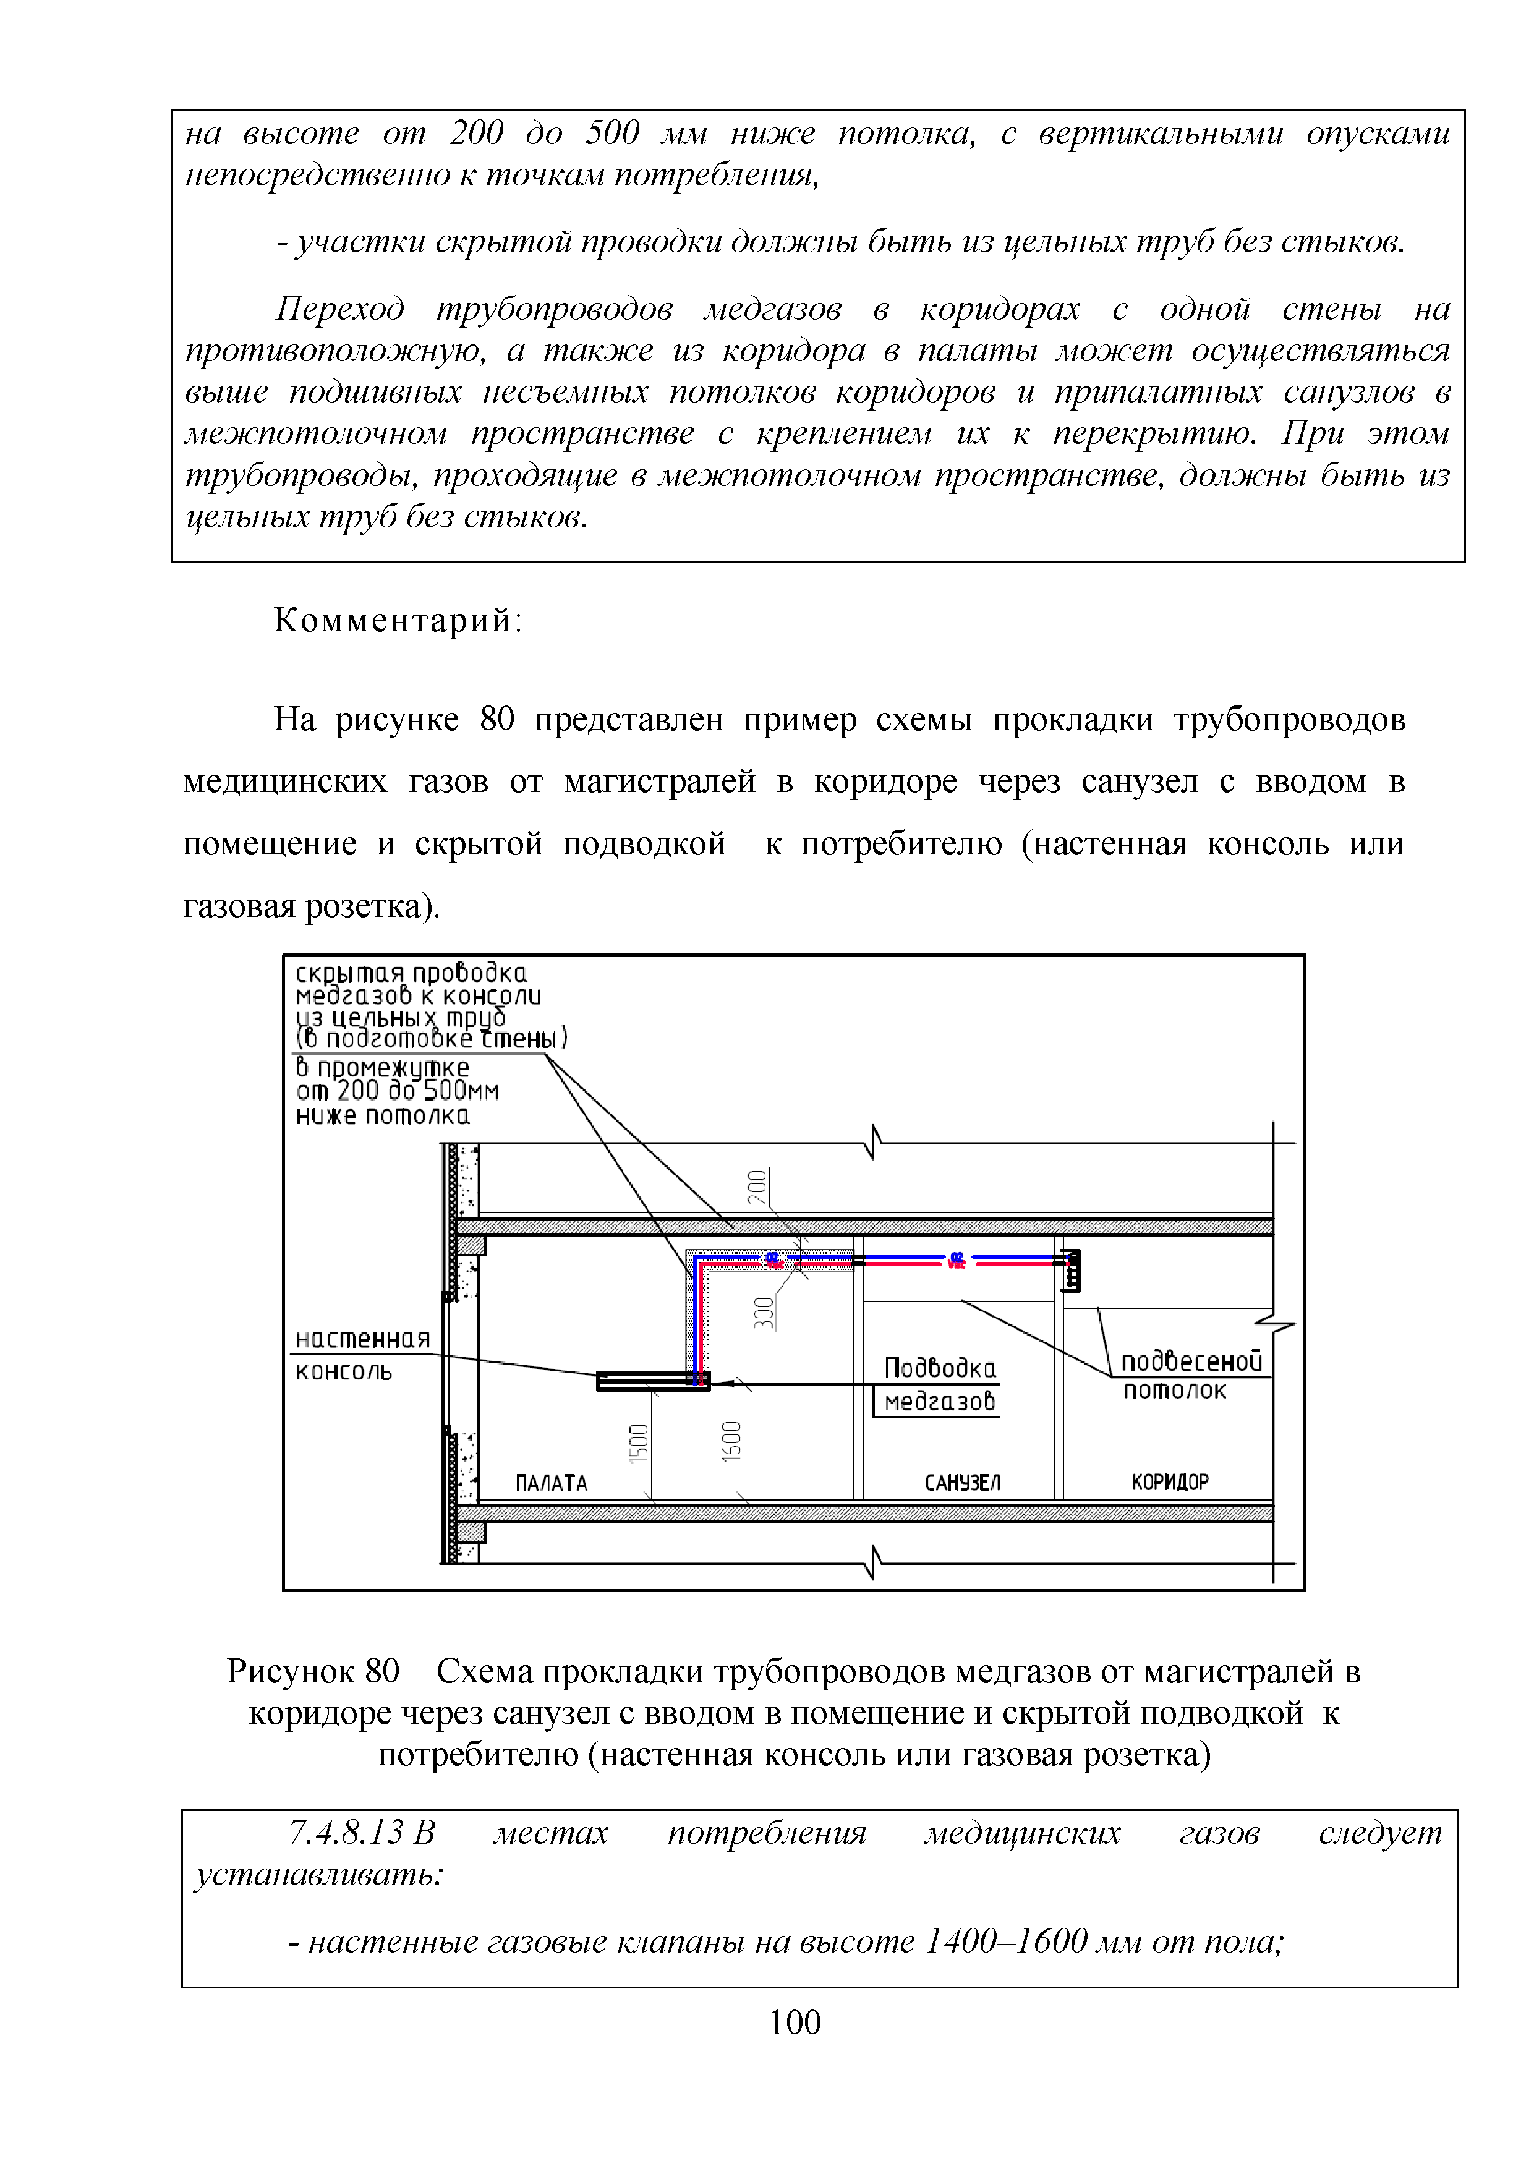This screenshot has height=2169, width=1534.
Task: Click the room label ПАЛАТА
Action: pos(552,1483)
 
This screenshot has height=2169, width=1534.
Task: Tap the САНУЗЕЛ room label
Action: pos(961,1483)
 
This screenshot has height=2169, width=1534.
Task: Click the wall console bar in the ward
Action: pos(652,1381)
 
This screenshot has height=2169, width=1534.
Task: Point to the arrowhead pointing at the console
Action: pos(725,1384)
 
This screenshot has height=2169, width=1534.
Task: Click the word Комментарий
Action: pos(398,621)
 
